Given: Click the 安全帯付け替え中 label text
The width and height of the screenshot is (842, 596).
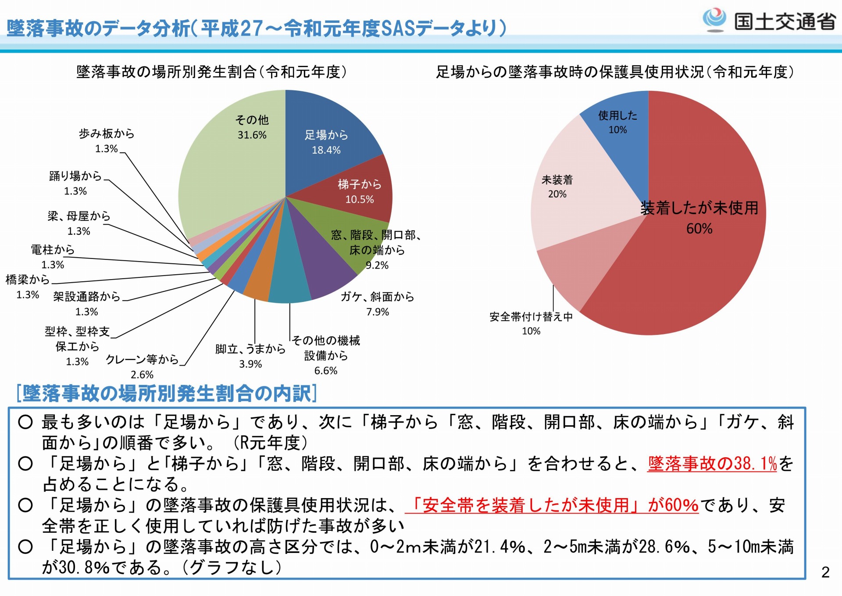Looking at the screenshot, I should (531, 317).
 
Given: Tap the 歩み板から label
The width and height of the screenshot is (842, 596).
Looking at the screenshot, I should (107, 133).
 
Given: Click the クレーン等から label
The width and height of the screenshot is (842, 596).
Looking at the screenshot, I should (142, 360).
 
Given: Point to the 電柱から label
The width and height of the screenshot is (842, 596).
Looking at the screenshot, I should (53, 250).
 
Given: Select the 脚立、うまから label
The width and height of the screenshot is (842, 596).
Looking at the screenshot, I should (250, 349).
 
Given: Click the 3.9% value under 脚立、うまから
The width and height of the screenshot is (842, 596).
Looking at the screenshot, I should (250, 364).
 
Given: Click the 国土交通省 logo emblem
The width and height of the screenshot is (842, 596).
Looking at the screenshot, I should (714, 20).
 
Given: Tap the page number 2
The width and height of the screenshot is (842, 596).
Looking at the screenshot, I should (825, 572).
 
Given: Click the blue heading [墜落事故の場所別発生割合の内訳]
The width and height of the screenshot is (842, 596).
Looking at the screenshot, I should (167, 393).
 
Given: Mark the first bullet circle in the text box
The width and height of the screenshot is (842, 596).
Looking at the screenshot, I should (25, 422).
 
